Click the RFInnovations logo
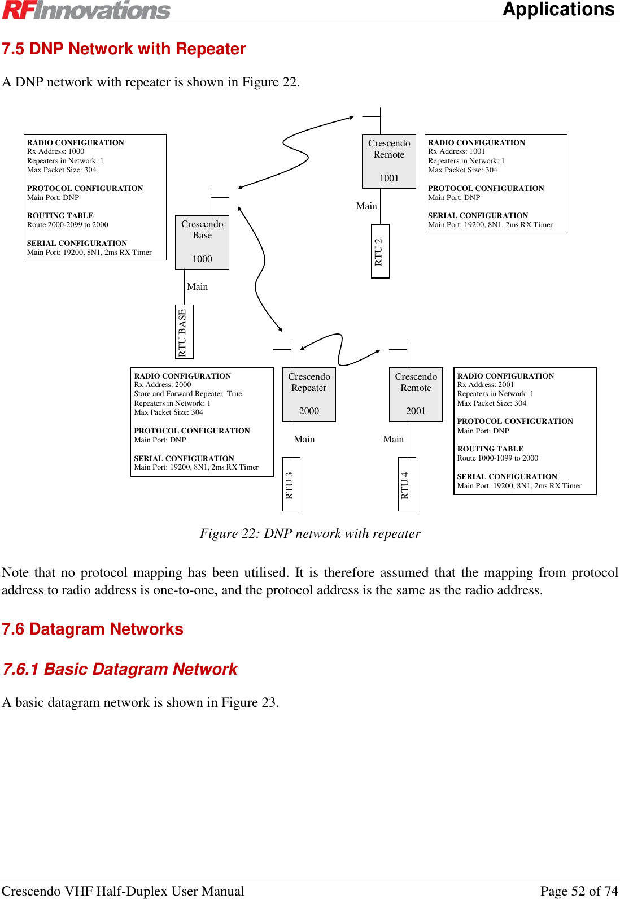click(86, 10)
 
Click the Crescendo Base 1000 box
click(202, 242)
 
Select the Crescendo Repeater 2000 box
click(309, 394)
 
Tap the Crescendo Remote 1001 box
click(389, 161)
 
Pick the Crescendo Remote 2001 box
click(416, 394)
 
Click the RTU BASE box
click(184, 332)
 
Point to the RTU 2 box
click(380, 251)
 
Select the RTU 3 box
click(291, 484)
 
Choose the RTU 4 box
click(407, 484)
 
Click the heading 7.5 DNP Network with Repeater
click(124, 49)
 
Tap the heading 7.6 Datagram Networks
click(93, 629)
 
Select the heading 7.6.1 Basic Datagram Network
click(120, 669)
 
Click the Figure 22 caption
click(310, 533)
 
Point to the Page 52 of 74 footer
click(579, 891)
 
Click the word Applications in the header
click(558, 10)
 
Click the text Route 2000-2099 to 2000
click(68, 225)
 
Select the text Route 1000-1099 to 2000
click(497, 458)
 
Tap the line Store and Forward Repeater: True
click(187, 394)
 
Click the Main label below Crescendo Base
click(198, 287)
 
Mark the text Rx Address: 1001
click(456, 151)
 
